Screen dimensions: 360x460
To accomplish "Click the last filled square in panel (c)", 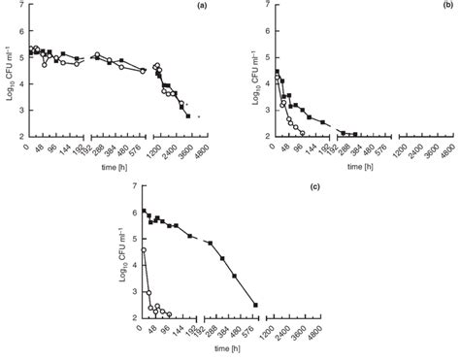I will (255, 305).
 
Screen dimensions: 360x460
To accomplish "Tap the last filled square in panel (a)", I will (187, 116).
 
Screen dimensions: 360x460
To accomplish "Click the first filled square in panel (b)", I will (276, 71).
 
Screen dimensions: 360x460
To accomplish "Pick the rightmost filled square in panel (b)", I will (355, 134).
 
